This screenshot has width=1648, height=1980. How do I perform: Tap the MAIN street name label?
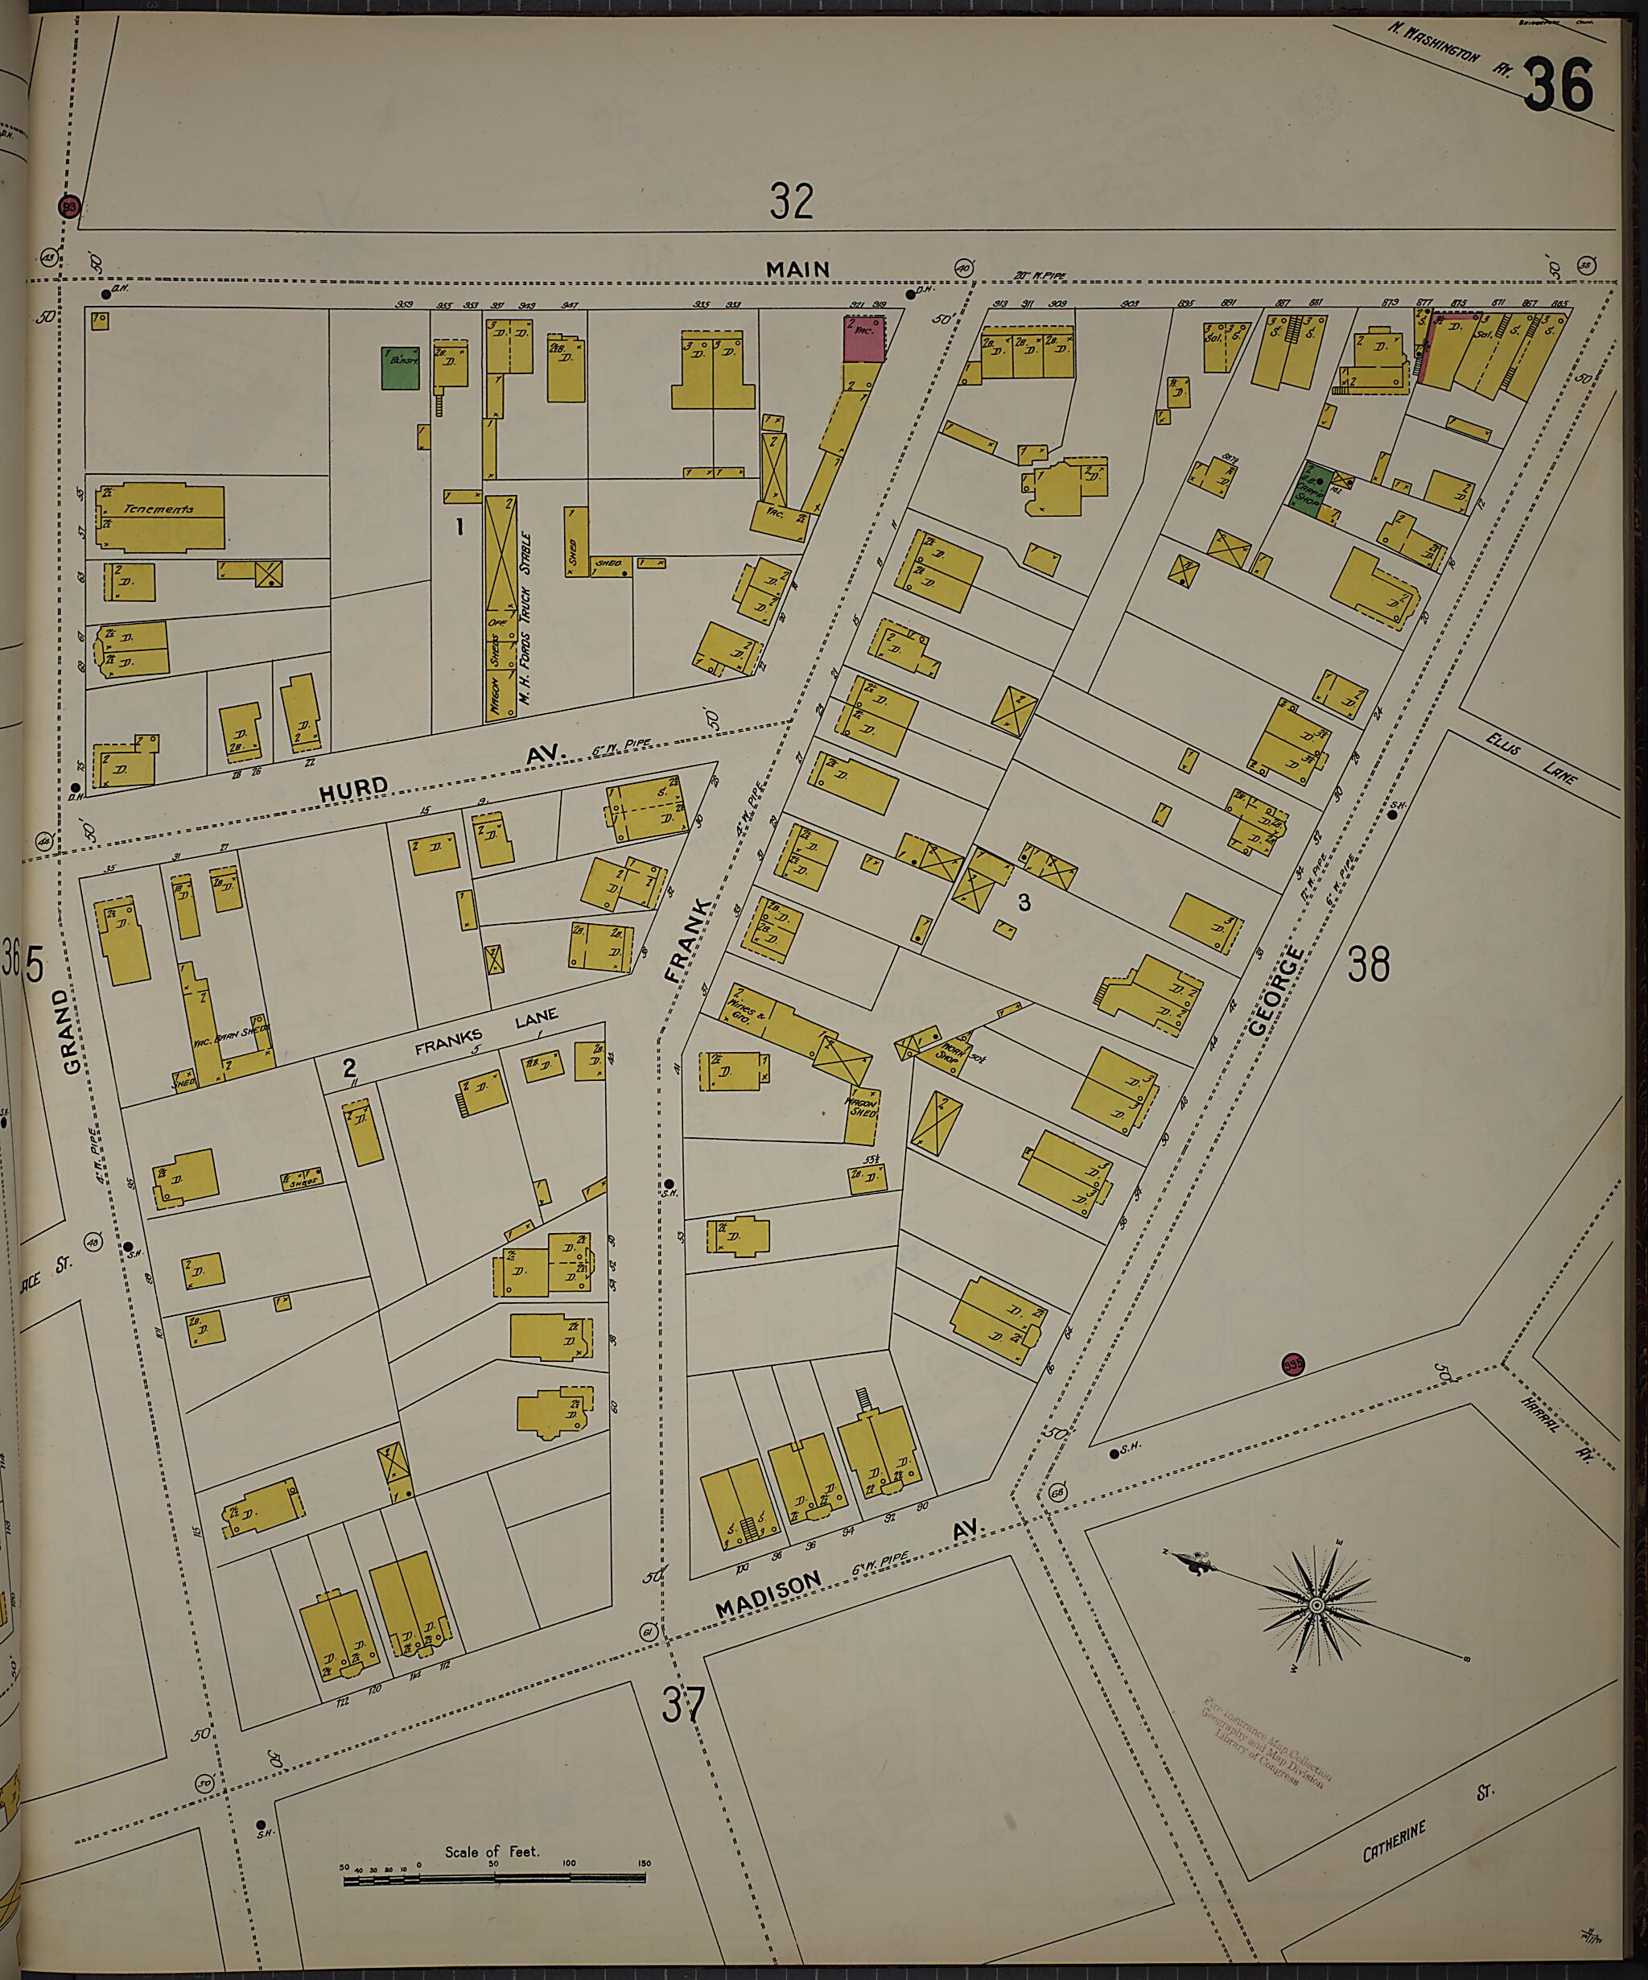(x=797, y=270)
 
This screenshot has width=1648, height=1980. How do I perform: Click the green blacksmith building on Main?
(x=400, y=368)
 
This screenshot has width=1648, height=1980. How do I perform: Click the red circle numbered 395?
(x=1292, y=1364)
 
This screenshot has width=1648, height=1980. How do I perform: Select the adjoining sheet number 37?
(x=682, y=1705)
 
